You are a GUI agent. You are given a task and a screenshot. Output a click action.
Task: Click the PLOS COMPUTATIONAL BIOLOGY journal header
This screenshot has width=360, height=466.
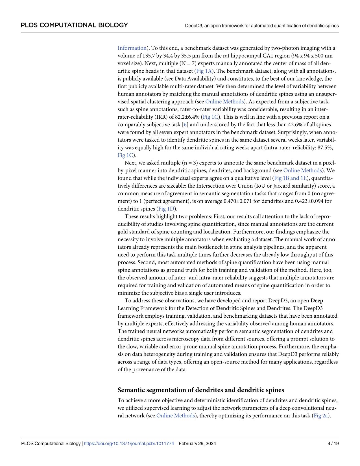pos(74,25)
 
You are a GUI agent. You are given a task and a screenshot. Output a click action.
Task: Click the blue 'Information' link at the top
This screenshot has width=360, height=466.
pos(132,48)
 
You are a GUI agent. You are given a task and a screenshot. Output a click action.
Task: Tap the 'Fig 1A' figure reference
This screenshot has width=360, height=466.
pos(204,71)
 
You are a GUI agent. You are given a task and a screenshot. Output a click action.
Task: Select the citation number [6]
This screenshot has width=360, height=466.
pos(185,125)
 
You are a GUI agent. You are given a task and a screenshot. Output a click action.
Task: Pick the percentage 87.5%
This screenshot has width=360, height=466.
pos(325,148)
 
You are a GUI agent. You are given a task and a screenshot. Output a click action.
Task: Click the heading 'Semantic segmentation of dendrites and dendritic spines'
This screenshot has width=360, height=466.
pos(201,390)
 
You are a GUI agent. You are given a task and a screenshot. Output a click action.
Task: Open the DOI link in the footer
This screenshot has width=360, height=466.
pos(129,444)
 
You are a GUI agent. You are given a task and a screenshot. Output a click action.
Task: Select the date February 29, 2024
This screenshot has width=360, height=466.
pos(197,444)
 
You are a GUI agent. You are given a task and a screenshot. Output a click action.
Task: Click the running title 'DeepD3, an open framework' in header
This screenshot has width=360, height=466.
pos(262,26)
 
